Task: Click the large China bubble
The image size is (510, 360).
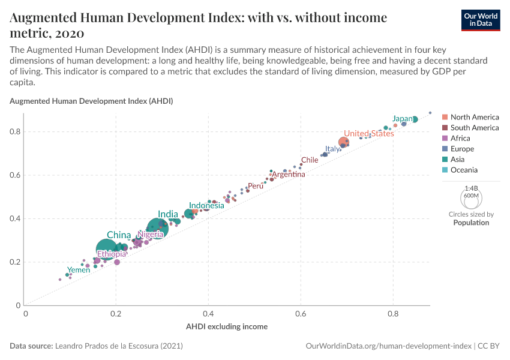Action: pyautogui.click(x=106, y=249)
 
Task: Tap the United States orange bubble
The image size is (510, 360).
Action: pyautogui.click(x=344, y=142)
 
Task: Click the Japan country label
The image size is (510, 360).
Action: pyautogui.click(x=402, y=119)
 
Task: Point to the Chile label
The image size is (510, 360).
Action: pyautogui.click(x=310, y=160)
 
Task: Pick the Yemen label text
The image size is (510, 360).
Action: pyautogui.click(x=79, y=270)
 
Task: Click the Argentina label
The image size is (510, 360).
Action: pyautogui.click(x=289, y=175)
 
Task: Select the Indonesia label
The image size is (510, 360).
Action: pyautogui.click(x=206, y=205)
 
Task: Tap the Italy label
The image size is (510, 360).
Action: pyautogui.click(x=332, y=149)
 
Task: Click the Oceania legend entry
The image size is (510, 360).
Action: pyautogui.click(x=464, y=170)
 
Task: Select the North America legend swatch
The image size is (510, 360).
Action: pyautogui.click(x=445, y=117)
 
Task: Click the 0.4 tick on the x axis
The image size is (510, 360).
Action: pyautogui.click(x=208, y=313)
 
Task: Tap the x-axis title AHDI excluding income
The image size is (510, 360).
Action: pyautogui.click(x=227, y=326)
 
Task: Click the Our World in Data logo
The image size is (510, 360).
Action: pyautogui.click(x=482, y=19)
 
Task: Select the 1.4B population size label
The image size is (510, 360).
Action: pyautogui.click(x=471, y=188)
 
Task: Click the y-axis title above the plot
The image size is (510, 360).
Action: pyautogui.click(x=91, y=101)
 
